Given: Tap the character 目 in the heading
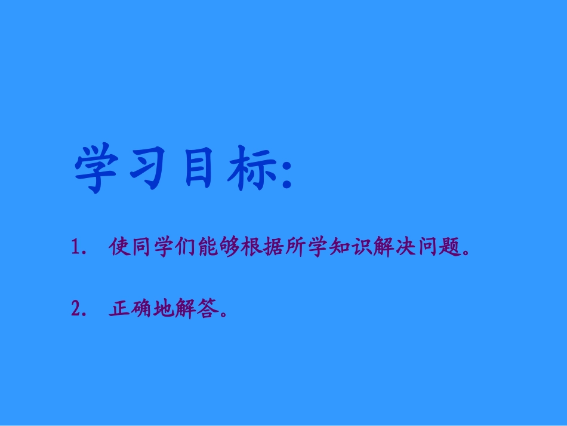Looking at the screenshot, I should pos(198,168).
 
